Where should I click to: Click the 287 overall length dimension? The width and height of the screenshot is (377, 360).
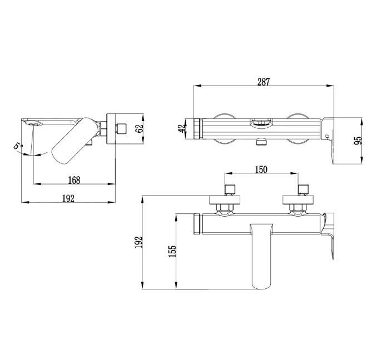point(264,82)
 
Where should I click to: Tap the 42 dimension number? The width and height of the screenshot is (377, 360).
point(182,128)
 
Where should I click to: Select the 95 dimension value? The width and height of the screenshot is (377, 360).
point(358,141)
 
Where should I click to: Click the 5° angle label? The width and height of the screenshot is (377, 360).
point(18,146)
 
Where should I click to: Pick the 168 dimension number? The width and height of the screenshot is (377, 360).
point(74,180)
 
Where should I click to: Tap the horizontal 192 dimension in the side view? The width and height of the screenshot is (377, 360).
point(68,199)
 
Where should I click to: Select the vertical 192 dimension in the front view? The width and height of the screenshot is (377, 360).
point(138,243)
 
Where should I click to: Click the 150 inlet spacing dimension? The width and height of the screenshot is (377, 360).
point(261,169)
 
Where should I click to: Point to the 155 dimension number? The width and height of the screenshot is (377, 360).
point(172,251)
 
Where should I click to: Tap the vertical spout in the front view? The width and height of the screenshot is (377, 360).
point(261,256)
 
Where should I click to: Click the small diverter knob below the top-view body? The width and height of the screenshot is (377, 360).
point(261,142)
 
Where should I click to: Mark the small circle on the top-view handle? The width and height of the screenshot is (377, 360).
point(327,137)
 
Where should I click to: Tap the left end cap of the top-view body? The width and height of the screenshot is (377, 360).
point(199,128)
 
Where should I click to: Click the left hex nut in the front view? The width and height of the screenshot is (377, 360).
point(225,207)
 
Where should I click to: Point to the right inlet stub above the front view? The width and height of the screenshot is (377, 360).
point(303,189)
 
